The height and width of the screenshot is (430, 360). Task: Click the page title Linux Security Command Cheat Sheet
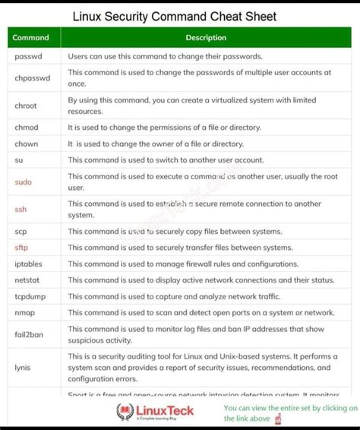pos(175,16)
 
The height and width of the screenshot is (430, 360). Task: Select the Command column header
pos(31,37)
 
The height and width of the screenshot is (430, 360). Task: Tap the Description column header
pos(206,37)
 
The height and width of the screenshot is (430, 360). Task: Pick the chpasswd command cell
pos(32,77)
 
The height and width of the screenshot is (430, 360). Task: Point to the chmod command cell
pos(26,127)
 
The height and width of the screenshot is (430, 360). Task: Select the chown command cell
pos(26,144)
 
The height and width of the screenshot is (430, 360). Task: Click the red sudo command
pos(23,182)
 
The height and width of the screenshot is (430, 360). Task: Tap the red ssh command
pos(21,209)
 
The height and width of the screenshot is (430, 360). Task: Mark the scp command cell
pos(21,231)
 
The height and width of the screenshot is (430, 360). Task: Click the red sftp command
pos(21,248)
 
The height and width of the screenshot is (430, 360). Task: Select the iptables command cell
pos(28,264)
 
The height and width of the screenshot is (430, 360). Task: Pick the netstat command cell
pos(27,280)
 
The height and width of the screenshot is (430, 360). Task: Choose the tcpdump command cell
pos(29,296)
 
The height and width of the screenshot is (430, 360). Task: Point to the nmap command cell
pos(24,312)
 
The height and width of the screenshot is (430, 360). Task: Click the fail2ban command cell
pos(29,334)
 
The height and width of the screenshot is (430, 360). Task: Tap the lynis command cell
pos(22,367)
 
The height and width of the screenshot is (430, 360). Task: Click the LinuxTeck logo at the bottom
pos(155,412)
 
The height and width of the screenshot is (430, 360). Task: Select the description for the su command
pos(166,160)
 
